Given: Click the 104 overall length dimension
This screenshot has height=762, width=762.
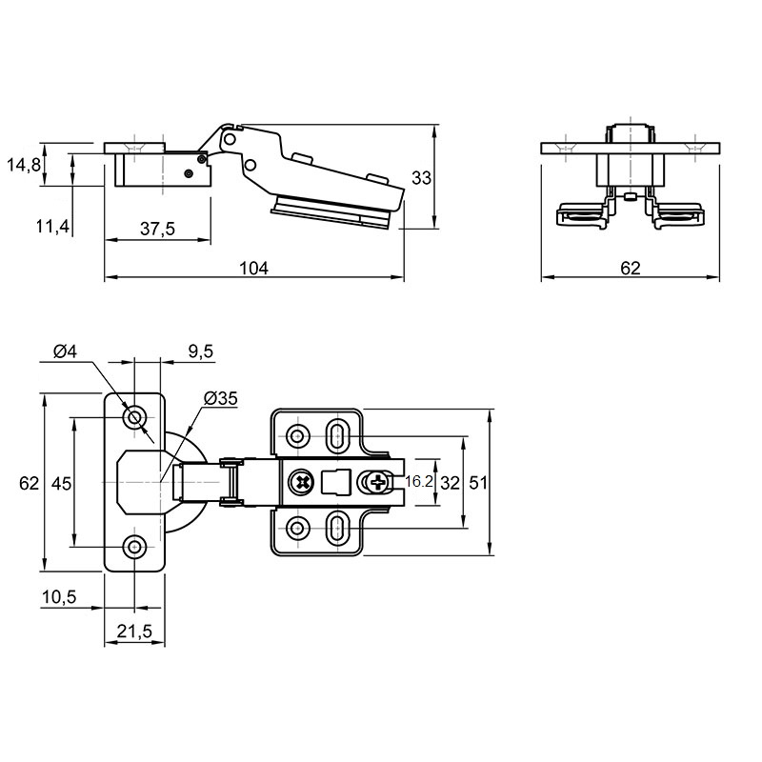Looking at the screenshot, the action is [253, 268].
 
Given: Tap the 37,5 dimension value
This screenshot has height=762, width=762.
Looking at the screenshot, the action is [157, 229].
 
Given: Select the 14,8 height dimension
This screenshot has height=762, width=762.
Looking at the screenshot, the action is [24, 165].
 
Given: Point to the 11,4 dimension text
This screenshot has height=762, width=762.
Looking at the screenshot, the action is [53, 226].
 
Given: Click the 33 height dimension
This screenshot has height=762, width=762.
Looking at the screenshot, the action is [421, 178].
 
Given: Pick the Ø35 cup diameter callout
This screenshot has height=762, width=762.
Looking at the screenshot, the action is [221, 398].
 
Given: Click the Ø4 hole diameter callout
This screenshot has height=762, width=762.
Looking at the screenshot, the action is [65, 351].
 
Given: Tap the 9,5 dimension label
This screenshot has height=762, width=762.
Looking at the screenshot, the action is [200, 351].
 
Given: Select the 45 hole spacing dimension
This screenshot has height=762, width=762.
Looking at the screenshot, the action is [61, 484].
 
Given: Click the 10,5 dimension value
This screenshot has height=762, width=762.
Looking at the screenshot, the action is [59, 597].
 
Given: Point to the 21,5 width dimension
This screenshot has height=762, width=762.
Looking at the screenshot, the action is [134, 632].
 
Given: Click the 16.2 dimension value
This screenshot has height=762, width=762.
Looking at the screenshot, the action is [418, 482].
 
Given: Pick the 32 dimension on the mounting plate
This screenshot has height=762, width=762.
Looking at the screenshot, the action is [450, 483].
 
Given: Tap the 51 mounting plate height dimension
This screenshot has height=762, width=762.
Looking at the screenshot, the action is [478, 483].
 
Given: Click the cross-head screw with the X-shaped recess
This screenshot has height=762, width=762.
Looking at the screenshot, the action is [302, 483].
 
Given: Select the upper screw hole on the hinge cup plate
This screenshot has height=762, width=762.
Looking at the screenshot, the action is [134, 417].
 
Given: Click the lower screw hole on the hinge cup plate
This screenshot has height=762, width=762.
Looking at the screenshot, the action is [134, 547].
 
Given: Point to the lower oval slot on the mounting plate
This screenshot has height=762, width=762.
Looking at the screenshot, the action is [337, 529].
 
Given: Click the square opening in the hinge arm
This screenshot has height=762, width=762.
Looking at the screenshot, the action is [336, 482].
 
